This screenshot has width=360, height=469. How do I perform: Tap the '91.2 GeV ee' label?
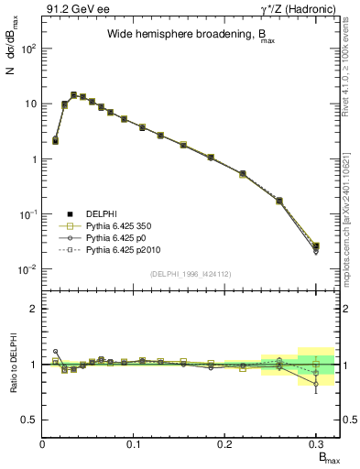click(73, 9)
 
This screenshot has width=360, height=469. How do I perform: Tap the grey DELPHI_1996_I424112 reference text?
click(191, 274)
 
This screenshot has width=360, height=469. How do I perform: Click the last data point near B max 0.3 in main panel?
click(316, 246)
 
